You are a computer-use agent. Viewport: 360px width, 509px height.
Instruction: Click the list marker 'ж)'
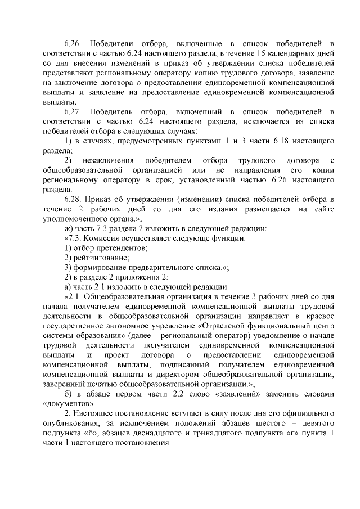[x=69, y=228]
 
